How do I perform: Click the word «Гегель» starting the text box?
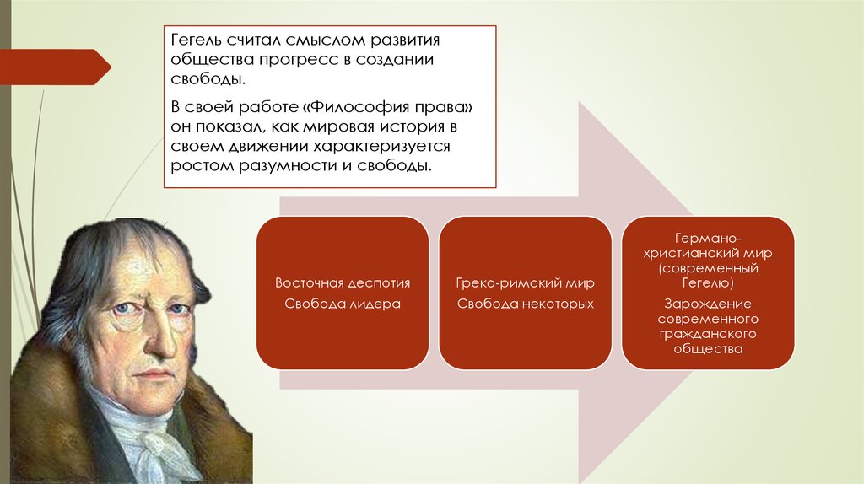(196, 40)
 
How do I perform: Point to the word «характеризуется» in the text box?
(382, 147)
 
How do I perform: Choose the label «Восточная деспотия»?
(343, 283)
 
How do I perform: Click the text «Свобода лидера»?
(343, 304)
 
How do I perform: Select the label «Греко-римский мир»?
(525, 283)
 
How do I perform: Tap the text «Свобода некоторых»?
(525, 304)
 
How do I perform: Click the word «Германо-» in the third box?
(708, 239)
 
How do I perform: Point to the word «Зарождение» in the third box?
(708, 304)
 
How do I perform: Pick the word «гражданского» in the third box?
(708, 334)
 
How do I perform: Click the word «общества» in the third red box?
(708, 348)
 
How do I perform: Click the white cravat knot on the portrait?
(156, 446)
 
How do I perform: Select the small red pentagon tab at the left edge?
(55, 67)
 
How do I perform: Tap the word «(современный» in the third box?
(708, 268)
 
